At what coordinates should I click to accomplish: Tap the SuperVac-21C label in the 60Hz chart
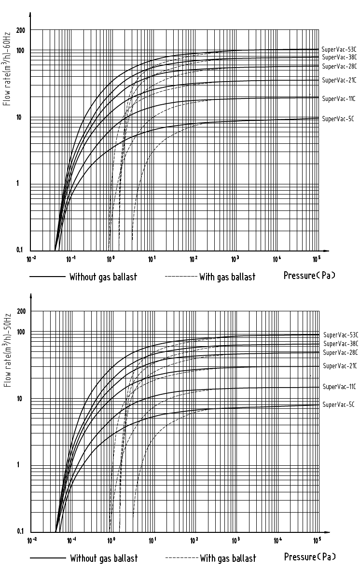click(x=338, y=80)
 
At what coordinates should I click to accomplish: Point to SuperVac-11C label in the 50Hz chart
click(x=339, y=387)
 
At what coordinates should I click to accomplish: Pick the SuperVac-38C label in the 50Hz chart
click(x=340, y=344)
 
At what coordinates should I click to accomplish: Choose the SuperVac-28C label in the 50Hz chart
click(x=340, y=352)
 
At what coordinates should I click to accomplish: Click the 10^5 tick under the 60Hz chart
click(x=317, y=259)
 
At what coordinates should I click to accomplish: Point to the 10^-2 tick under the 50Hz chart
click(x=32, y=541)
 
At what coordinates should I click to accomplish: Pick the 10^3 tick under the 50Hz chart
click(x=236, y=541)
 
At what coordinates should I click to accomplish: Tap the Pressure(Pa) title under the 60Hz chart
click(x=309, y=276)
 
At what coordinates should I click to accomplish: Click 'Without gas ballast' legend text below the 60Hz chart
click(x=103, y=277)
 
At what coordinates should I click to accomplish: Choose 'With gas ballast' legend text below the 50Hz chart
click(x=228, y=558)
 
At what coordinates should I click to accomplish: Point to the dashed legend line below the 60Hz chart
click(x=181, y=277)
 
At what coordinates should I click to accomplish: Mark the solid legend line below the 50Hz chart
click(x=48, y=558)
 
